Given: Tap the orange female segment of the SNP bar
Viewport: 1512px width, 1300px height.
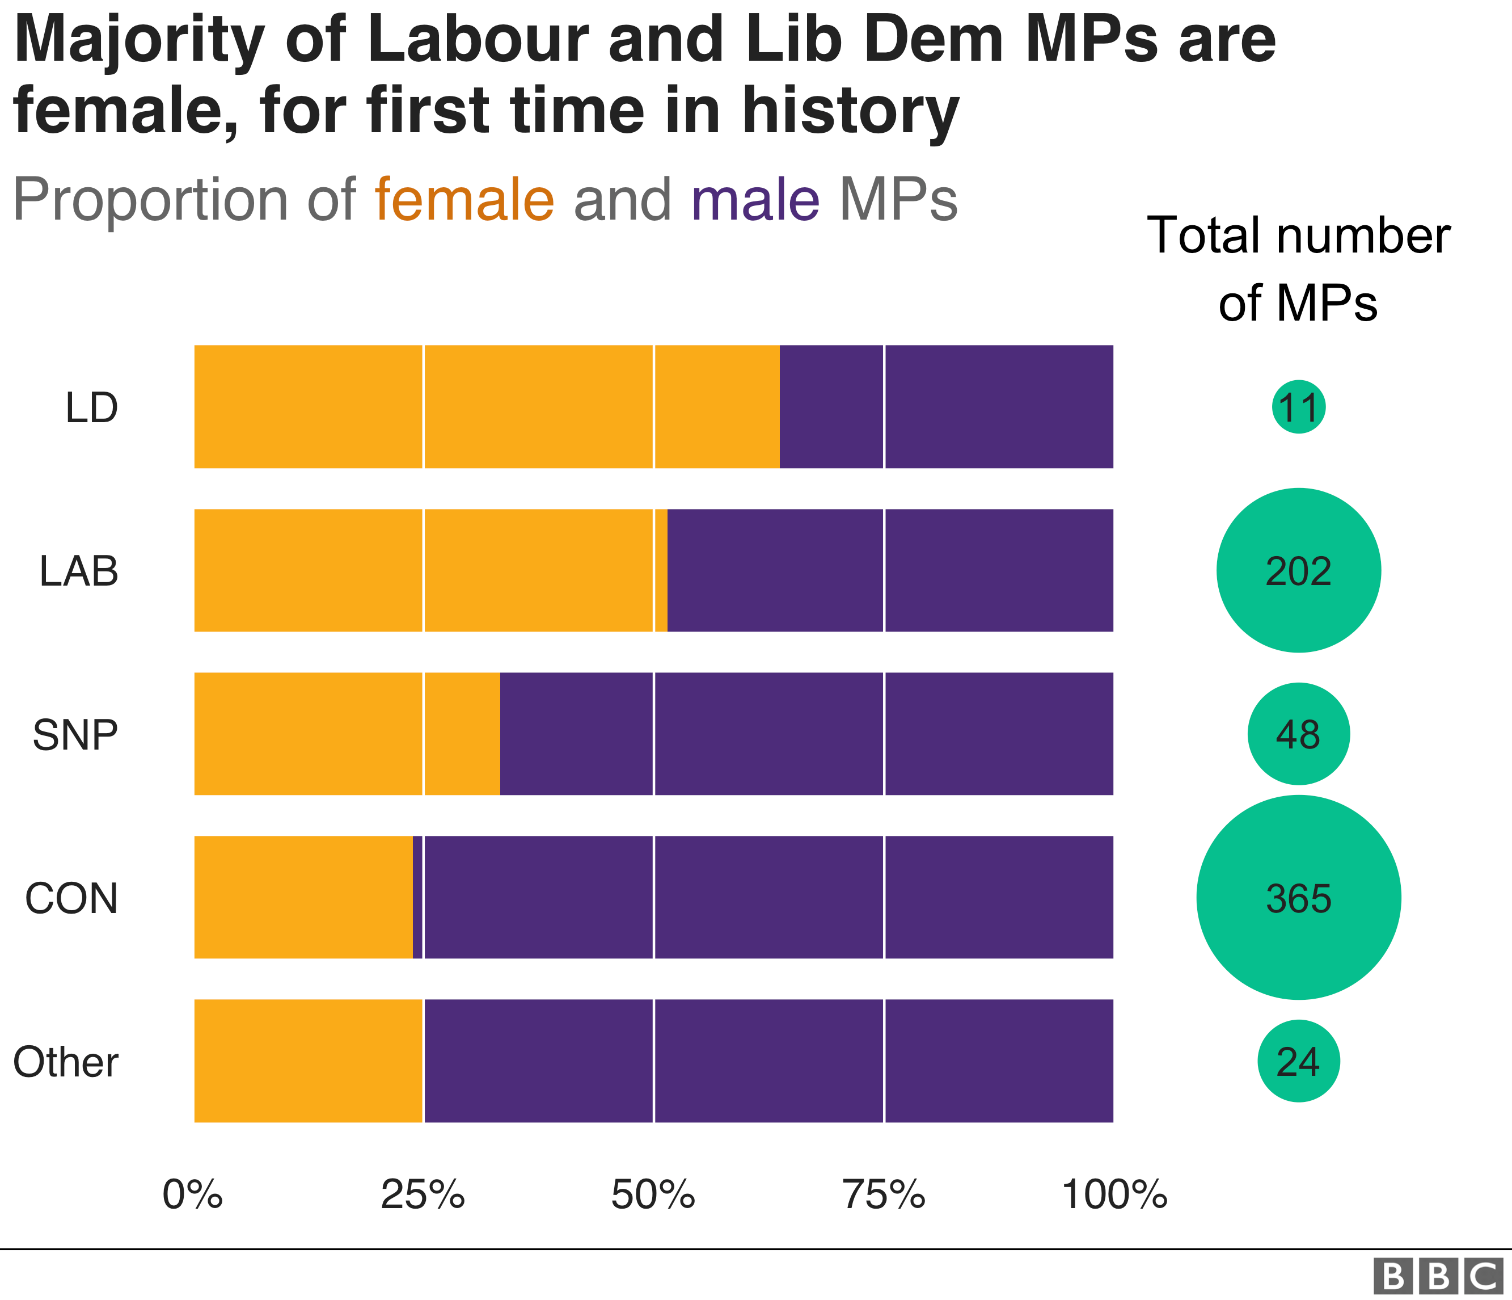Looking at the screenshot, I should pyautogui.click(x=347, y=734).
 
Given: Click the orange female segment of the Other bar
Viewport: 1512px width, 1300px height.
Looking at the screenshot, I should pyautogui.click(x=308, y=1061).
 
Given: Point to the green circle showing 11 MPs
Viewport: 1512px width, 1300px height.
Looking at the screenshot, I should pyautogui.click(x=1298, y=407).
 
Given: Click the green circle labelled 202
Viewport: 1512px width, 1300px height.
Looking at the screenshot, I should pyautogui.click(x=1298, y=570).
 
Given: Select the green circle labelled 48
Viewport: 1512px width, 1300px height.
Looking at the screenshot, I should pyautogui.click(x=1298, y=734).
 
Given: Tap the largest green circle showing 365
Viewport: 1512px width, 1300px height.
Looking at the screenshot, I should pyautogui.click(x=1298, y=897).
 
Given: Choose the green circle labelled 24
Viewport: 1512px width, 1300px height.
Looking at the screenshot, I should pyautogui.click(x=1298, y=1061).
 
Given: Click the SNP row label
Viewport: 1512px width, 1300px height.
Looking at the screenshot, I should pyautogui.click(x=75, y=734).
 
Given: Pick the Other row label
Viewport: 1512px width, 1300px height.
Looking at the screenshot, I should pyautogui.click(x=66, y=1062).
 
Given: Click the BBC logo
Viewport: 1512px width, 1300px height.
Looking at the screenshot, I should pyautogui.click(x=1438, y=1275).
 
